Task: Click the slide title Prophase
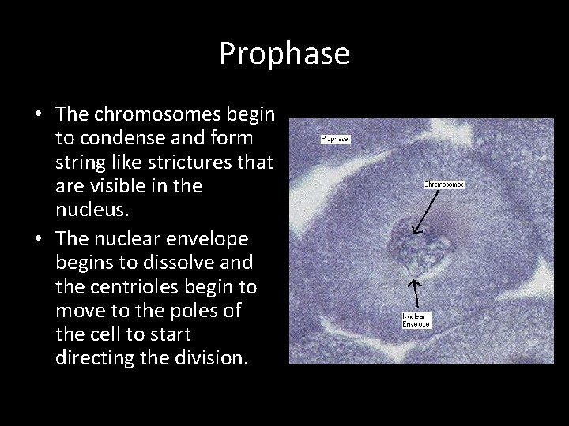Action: coord(284,54)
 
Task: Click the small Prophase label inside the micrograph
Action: coord(335,139)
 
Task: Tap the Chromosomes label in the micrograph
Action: coord(444,184)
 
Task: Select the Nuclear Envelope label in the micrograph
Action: coord(416,320)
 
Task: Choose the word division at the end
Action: coord(210,358)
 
